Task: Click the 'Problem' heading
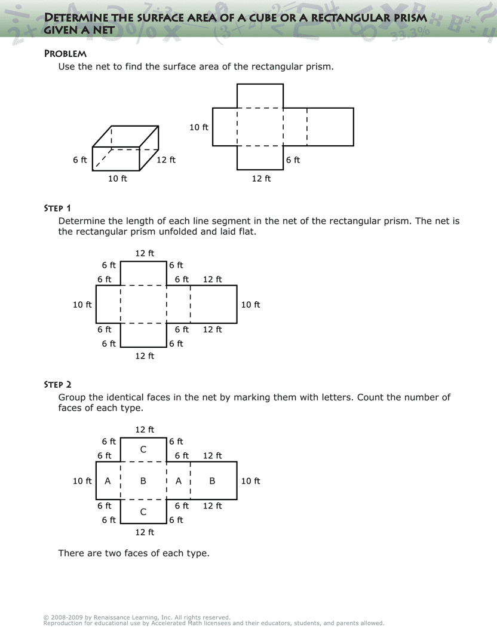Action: (65, 54)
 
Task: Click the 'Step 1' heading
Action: (57, 208)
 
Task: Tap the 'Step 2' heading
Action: (57, 384)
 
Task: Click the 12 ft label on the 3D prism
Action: (166, 160)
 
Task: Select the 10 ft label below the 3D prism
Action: (118, 178)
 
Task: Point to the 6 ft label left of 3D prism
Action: (80, 160)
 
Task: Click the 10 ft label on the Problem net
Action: (199, 127)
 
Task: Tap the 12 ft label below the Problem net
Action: (261, 178)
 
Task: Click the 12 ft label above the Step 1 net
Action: (145, 253)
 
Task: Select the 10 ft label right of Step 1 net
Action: (251, 305)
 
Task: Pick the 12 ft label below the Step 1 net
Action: (145, 356)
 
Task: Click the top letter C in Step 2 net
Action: (143, 449)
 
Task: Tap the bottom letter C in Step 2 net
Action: (143, 512)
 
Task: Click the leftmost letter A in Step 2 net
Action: (108, 481)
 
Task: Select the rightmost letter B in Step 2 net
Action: (212, 481)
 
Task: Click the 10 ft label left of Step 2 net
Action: (82, 481)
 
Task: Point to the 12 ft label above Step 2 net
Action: (145, 430)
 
